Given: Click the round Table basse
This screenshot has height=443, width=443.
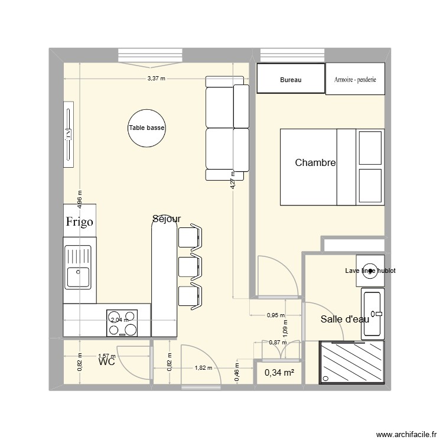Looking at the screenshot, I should (x=147, y=128).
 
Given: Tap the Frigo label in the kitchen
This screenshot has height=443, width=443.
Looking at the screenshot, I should (x=79, y=222).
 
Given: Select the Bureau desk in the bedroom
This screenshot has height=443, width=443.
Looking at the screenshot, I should (x=291, y=79).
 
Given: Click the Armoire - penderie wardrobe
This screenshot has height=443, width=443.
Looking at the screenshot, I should (x=355, y=79).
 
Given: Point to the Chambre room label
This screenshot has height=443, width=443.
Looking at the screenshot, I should (x=315, y=163).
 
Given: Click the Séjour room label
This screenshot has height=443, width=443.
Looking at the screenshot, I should (x=167, y=219).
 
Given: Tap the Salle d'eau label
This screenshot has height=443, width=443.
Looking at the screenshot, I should (x=345, y=319).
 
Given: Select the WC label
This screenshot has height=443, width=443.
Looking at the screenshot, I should (x=107, y=362).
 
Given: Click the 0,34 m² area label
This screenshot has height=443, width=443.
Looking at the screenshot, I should (x=279, y=372).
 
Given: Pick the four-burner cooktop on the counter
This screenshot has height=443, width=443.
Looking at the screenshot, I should (x=122, y=323).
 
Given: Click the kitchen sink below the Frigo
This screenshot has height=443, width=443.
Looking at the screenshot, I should (x=78, y=267).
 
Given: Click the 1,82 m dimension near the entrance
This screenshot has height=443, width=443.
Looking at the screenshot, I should (x=203, y=367).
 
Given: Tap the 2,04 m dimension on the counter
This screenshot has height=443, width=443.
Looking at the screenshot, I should (x=119, y=320).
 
